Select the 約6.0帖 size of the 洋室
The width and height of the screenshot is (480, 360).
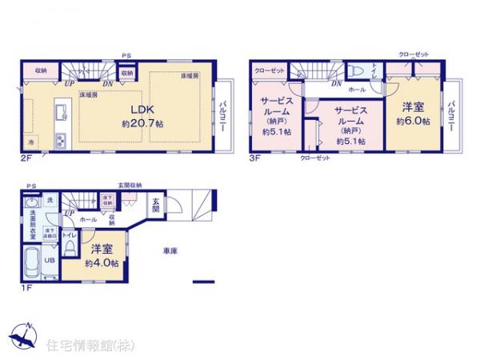(413, 122)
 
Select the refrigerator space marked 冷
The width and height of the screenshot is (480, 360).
(31, 142)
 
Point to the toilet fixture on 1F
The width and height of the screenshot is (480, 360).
(70, 250)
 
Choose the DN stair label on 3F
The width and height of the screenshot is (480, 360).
(336, 82)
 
